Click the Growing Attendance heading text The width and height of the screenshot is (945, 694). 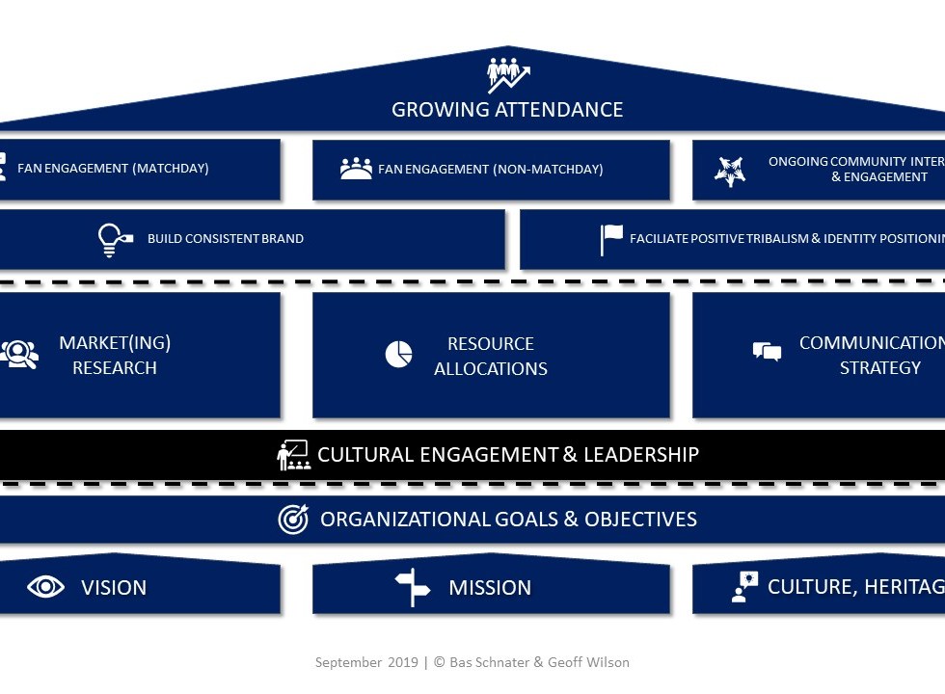[507, 110]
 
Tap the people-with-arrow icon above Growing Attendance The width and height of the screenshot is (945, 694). [508, 74]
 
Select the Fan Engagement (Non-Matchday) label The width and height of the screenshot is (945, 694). [490, 170]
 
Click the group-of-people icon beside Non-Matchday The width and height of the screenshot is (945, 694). [356, 169]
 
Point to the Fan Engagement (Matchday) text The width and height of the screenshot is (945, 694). [113, 169]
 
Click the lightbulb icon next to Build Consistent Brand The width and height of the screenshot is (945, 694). [115, 239]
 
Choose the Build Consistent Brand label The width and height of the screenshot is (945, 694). [225, 239]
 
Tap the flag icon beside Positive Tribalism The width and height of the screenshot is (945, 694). [611, 239]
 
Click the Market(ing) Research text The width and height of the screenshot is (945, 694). [115, 356]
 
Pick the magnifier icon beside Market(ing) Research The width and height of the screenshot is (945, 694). [18, 354]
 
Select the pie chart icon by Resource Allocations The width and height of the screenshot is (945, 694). [398, 354]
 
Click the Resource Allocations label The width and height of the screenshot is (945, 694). [490, 356]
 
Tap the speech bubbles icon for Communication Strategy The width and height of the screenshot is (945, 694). [767, 352]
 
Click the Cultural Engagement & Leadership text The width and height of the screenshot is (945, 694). [507, 455]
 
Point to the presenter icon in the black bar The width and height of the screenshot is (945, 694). [293, 455]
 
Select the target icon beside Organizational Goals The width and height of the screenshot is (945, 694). [293, 520]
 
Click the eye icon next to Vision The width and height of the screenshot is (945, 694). [45, 587]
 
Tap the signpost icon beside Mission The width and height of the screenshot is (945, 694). [413, 587]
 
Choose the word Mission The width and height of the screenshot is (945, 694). [490, 588]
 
